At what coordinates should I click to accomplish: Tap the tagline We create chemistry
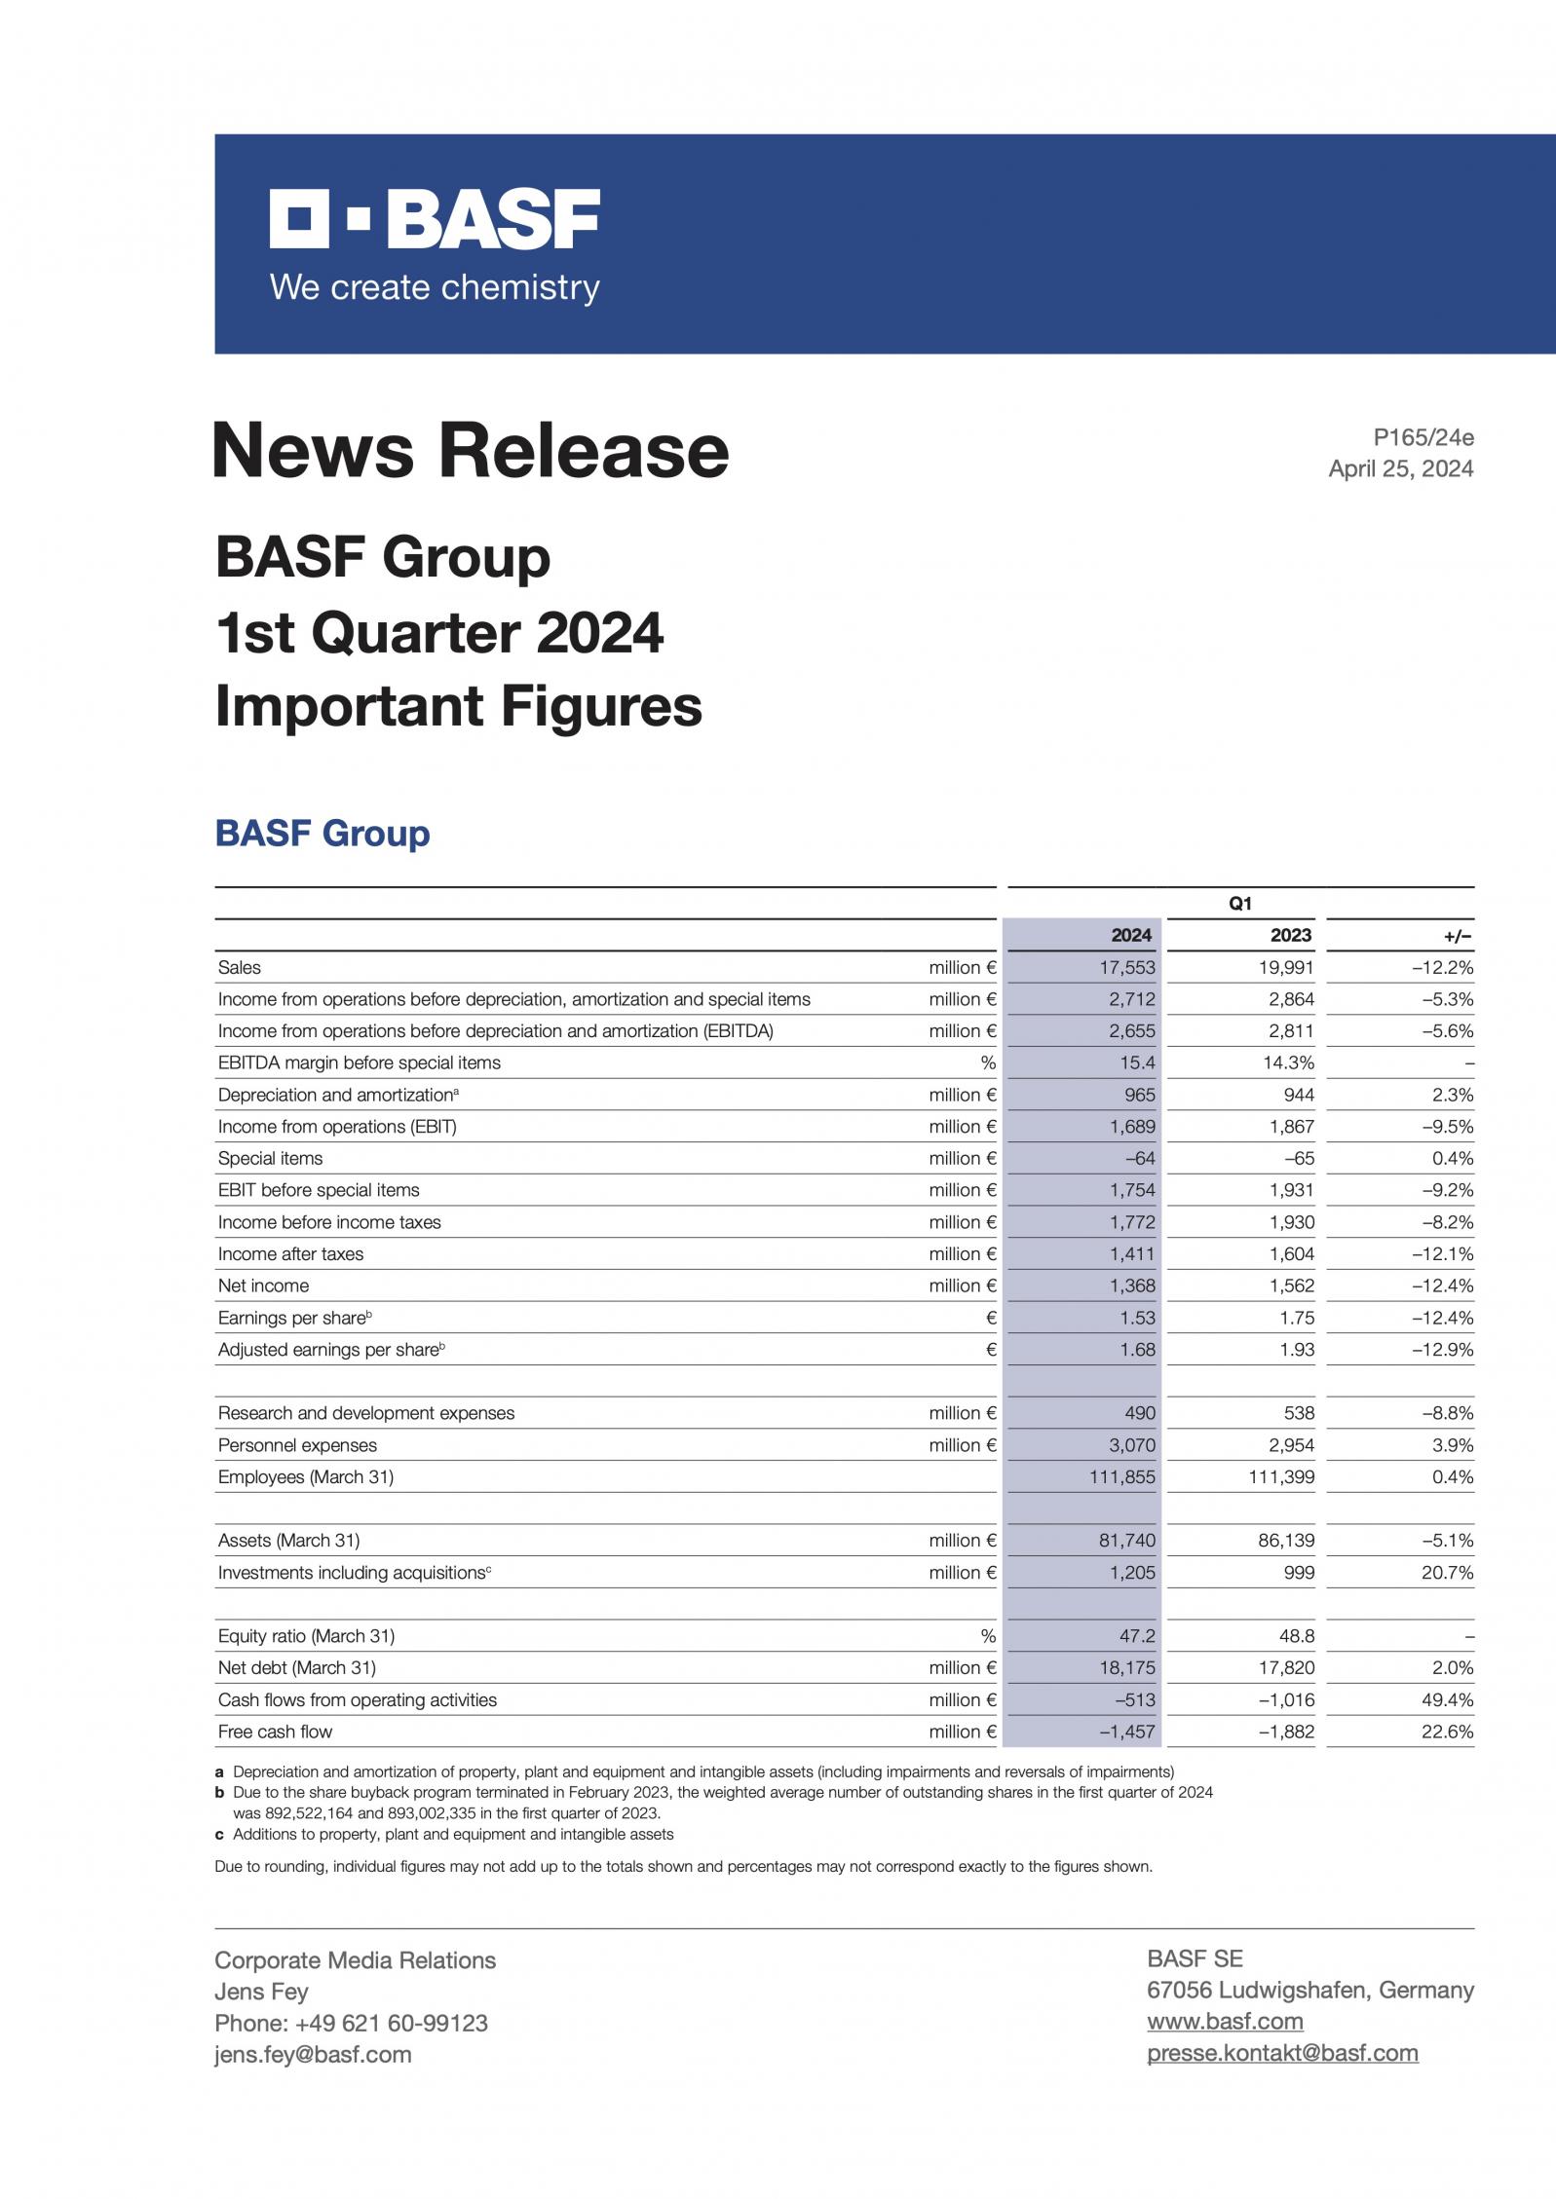[435, 287]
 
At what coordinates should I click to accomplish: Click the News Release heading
[471, 451]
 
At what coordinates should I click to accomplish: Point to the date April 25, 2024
[1401, 468]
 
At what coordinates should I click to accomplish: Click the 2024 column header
[1131, 935]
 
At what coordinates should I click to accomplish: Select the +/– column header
[1459, 936]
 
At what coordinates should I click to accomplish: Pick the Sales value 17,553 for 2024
[1131, 967]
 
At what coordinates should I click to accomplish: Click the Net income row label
[263, 1286]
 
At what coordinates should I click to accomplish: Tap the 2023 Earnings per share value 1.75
[1296, 1318]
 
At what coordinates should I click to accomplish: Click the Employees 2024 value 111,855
[1122, 1477]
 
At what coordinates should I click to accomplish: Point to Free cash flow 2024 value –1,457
[1127, 1732]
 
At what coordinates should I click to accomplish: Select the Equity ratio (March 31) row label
[306, 1636]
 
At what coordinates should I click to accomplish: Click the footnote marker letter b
[220, 1793]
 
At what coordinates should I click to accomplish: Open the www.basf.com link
[1225, 2022]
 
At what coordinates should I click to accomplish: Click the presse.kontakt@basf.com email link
[1282, 2053]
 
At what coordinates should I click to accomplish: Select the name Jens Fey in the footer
[261, 1992]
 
